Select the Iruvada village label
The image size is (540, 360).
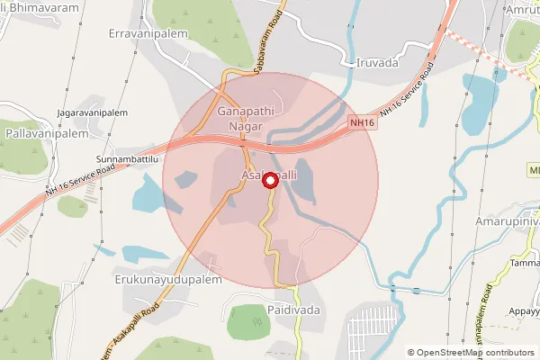pos(370,64)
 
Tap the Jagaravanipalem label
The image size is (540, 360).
pos(93,114)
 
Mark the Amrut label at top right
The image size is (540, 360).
pos(521,8)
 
